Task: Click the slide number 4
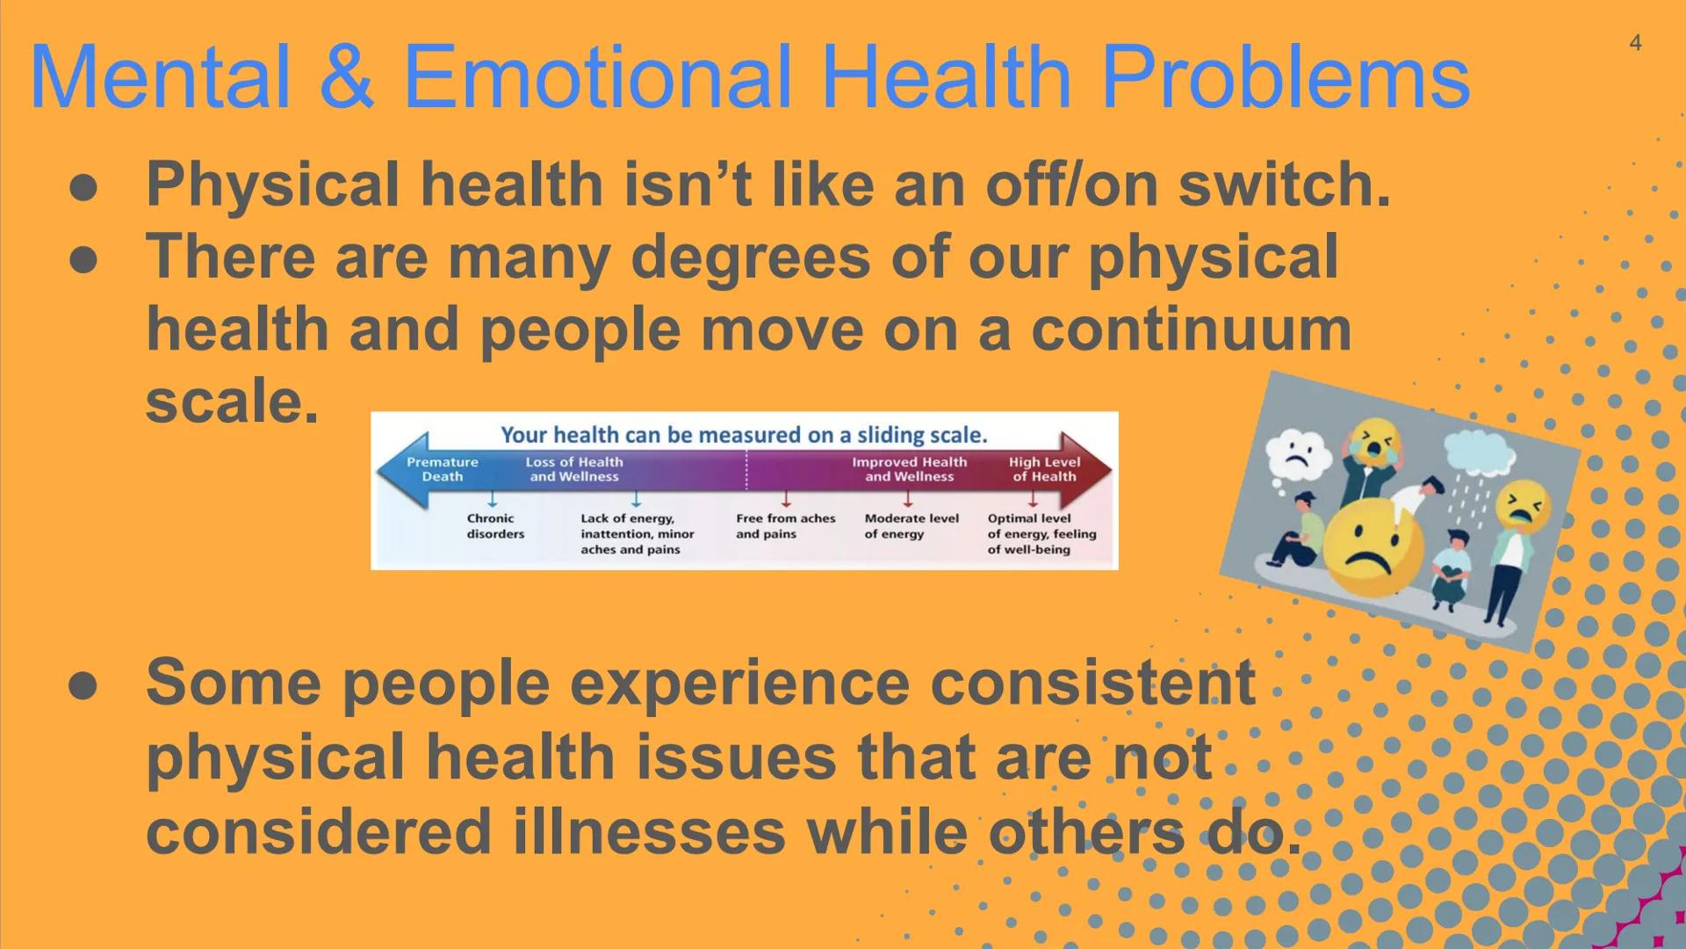click(x=1635, y=43)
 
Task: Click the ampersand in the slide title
click(x=345, y=76)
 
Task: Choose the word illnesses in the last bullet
click(x=649, y=831)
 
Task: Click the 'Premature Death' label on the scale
click(x=443, y=469)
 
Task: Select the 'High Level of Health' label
click(x=1044, y=469)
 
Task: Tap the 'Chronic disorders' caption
click(x=495, y=526)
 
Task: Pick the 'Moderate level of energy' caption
click(x=911, y=526)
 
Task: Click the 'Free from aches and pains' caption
click(x=785, y=526)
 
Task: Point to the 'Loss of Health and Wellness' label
click(x=574, y=469)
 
